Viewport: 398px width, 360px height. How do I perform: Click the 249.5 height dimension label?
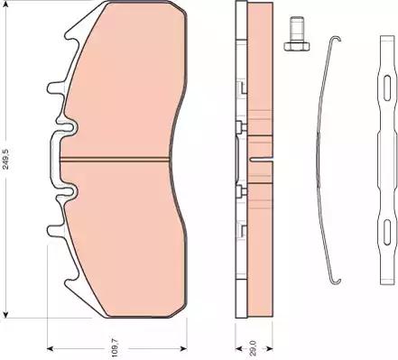[8, 162]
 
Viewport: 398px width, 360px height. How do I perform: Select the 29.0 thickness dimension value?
[254, 344]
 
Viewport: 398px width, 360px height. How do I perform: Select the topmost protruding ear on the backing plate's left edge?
[52, 88]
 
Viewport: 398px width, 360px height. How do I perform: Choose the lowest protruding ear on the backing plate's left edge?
[52, 237]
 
